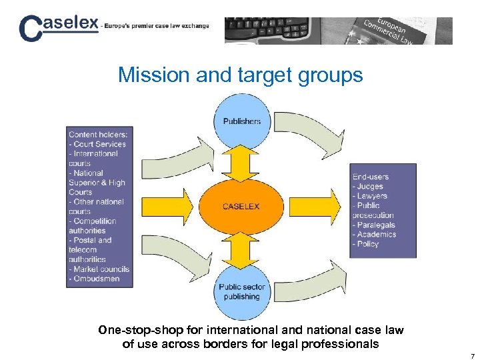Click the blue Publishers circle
(x=241, y=121)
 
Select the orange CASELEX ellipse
(x=241, y=206)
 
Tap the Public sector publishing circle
(x=241, y=291)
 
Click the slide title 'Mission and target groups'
(x=240, y=75)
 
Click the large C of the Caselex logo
(x=31, y=30)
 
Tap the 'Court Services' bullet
(x=99, y=144)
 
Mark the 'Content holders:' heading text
(x=98, y=134)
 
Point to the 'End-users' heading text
(x=371, y=177)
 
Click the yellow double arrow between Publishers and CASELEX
(x=241, y=164)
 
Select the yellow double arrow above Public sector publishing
(x=241, y=249)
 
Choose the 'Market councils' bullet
(x=101, y=269)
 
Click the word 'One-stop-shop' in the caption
(x=133, y=330)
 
